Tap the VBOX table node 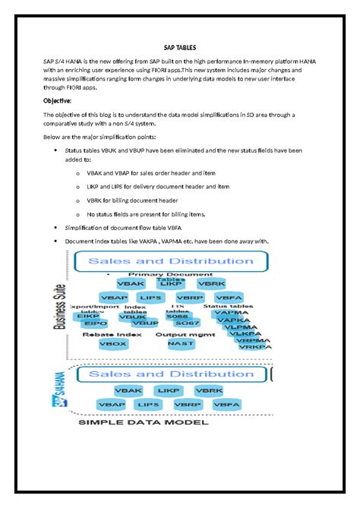click(112, 343)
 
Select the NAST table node click(181, 343)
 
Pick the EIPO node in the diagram click(88, 323)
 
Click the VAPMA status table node click(232, 312)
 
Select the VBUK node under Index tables click(132, 316)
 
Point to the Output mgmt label click(182, 333)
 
